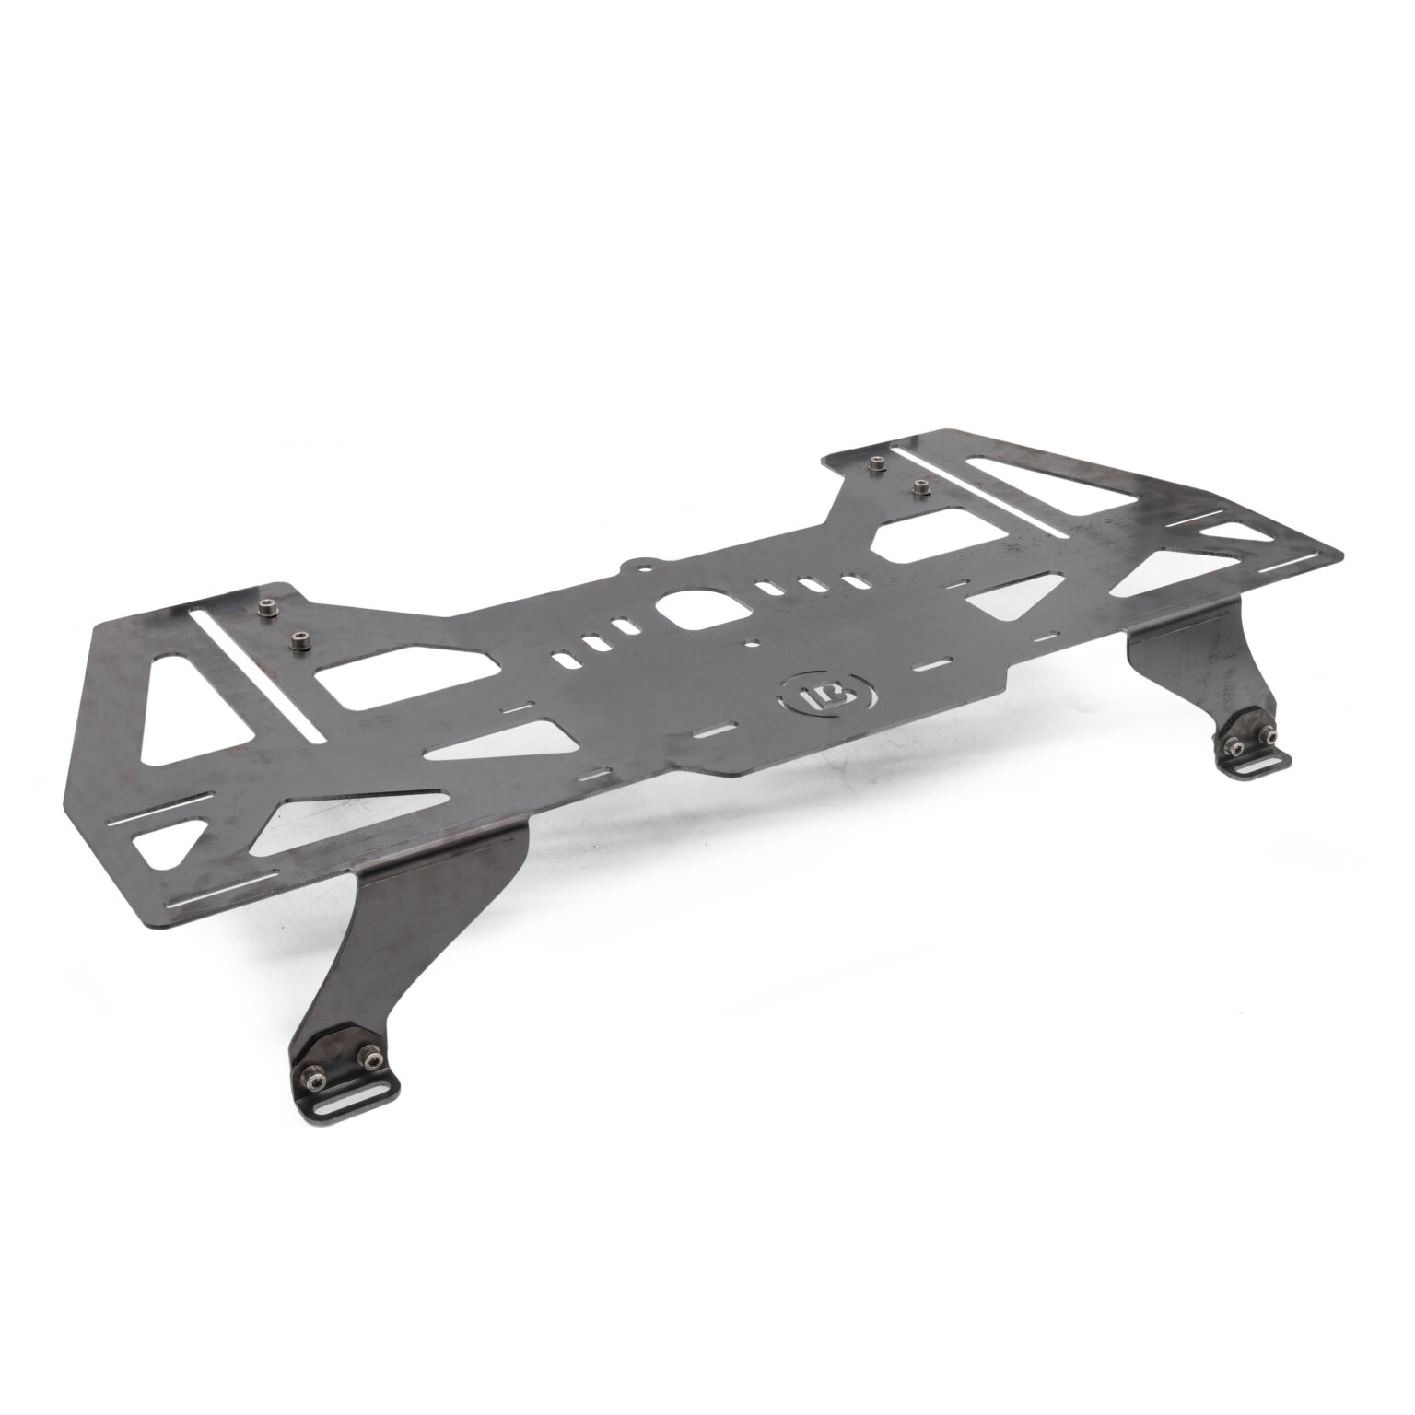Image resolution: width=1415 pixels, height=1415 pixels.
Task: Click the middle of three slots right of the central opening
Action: click(x=811, y=585)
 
